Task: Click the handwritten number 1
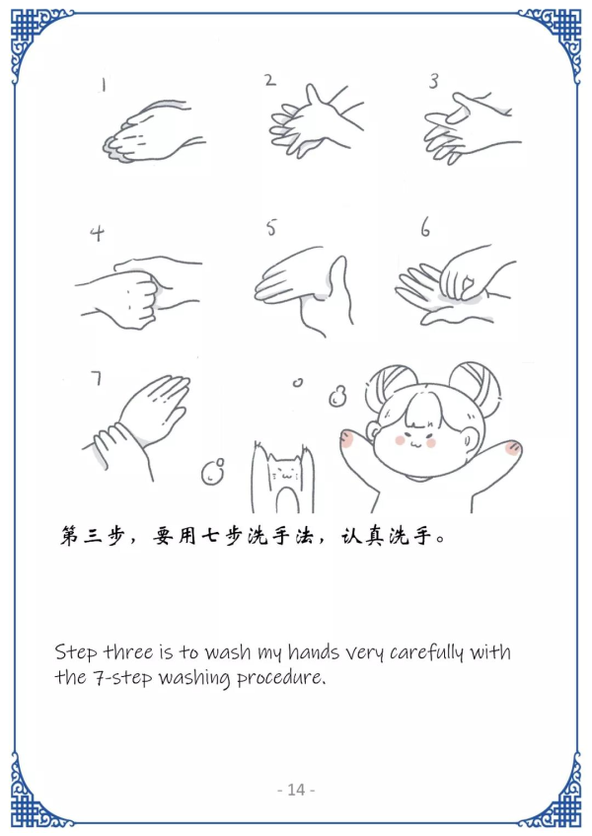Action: pos(104,84)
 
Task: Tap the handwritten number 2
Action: pos(270,80)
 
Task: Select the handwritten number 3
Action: pos(434,81)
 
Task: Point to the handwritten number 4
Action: pos(97,233)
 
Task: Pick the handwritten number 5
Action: pos(271,228)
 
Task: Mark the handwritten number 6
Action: pos(425,227)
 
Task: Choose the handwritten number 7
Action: pos(97,378)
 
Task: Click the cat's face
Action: pos(283,472)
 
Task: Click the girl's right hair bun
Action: pos(475,383)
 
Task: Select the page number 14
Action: pos(296,790)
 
